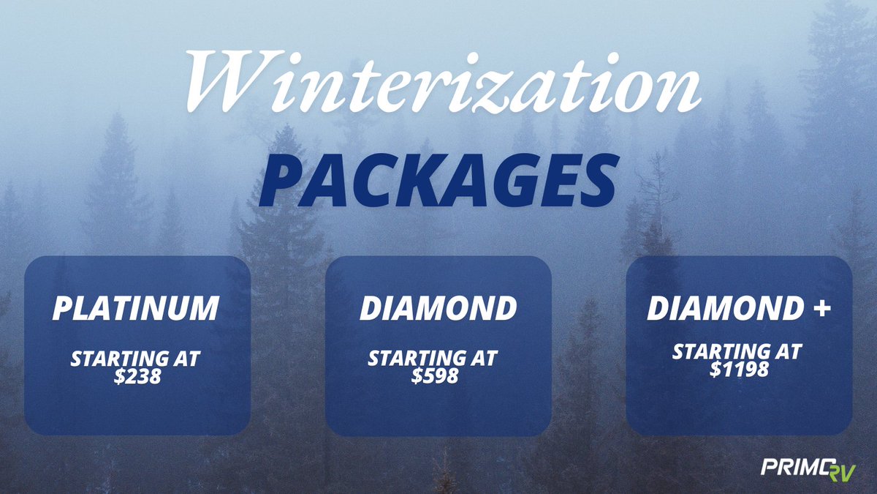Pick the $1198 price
point(739,370)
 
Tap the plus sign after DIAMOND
point(822,309)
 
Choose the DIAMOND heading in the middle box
point(438,309)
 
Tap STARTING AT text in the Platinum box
point(136,359)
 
